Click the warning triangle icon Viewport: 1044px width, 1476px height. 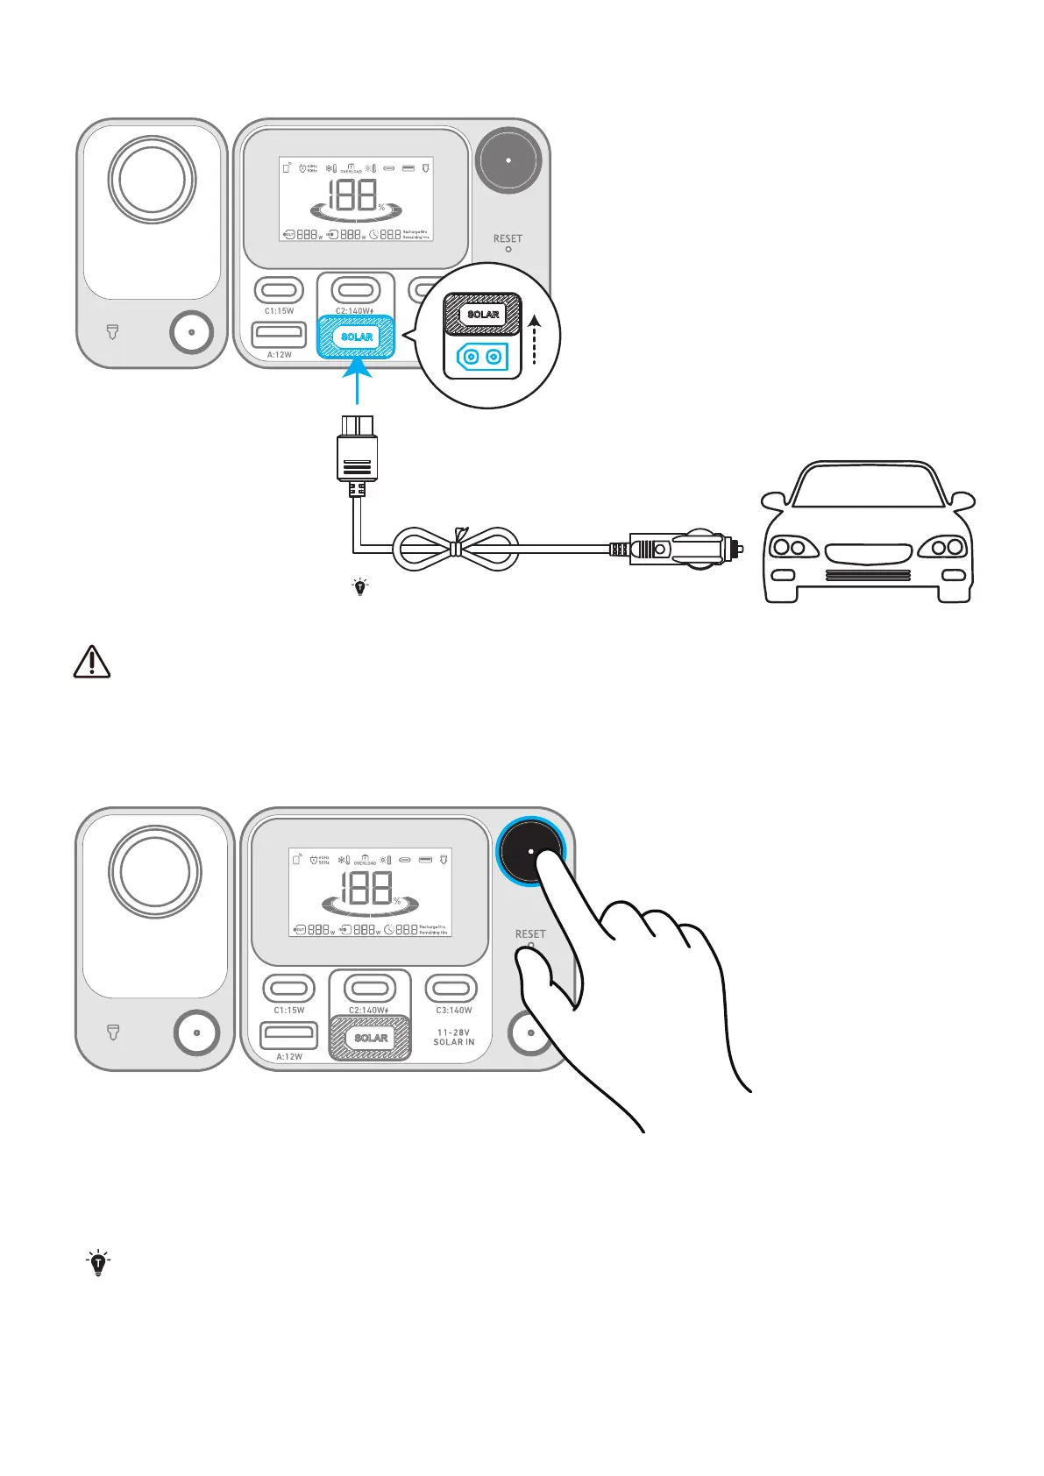point(91,662)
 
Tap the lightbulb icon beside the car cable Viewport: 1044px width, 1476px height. point(359,587)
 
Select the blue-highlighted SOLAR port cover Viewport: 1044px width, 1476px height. point(356,337)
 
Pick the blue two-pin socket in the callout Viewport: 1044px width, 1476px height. point(482,357)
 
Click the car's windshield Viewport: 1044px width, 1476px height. point(868,488)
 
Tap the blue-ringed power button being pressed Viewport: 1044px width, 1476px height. point(530,851)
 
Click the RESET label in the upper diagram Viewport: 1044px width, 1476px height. point(508,238)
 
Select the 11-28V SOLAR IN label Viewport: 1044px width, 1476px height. point(454,1037)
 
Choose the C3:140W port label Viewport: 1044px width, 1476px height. point(453,1011)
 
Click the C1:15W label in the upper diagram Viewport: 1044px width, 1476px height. point(280,311)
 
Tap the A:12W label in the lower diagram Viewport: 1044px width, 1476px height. point(289,1057)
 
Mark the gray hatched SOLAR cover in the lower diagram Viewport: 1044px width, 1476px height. point(370,1038)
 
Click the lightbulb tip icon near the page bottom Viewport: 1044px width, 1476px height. point(98,1263)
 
